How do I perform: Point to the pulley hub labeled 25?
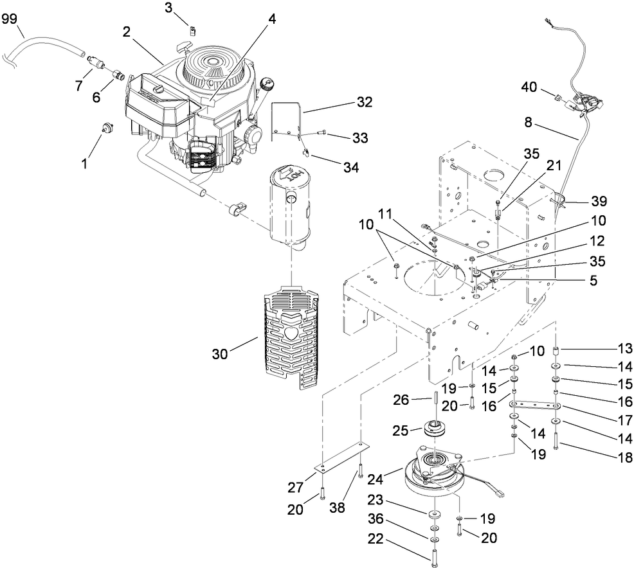(437, 427)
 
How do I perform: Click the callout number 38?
(338, 507)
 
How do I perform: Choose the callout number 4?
(272, 19)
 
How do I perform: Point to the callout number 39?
(599, 201)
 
